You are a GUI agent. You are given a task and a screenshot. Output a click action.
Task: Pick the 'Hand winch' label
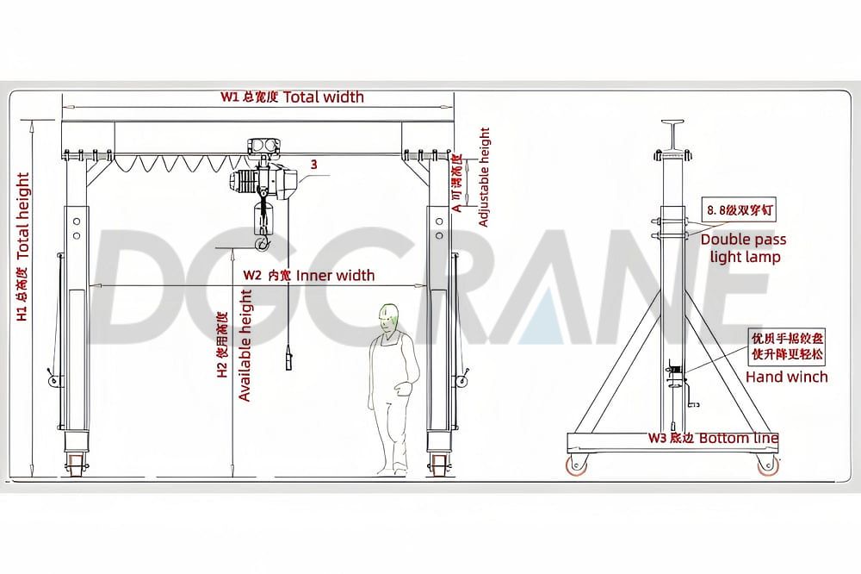[786, 377]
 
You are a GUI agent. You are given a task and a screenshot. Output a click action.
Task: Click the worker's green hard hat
[389, 312]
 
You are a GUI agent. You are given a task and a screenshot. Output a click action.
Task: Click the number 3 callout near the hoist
[313, 164]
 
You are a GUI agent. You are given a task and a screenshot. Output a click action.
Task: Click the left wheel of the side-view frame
[573, 465]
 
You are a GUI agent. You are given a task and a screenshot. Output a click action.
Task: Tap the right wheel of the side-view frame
[765, 465]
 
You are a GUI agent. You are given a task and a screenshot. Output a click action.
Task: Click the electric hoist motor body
[263, 180]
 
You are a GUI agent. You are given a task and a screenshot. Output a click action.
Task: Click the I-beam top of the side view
[672, 130]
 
